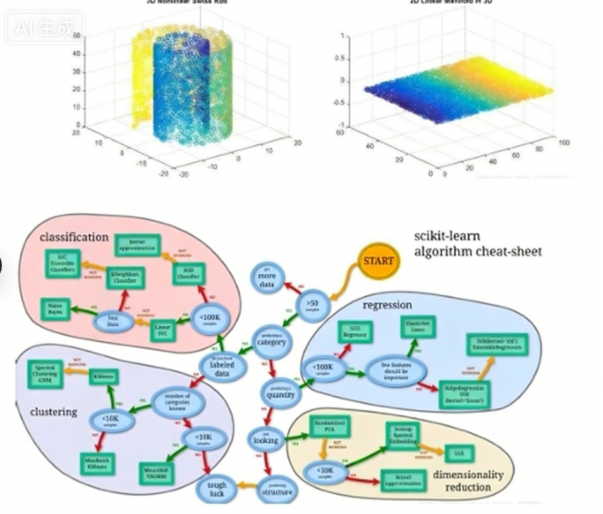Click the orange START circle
pyautogui.click(x=379, y=260)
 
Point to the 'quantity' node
pyautogui.click(x=280, y=392)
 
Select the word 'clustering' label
pyautogui.click(x=54, y=412)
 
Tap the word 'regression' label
pyautogui.click(x=387, y=305)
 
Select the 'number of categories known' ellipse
pyautogui.click(x=167, y=400)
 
